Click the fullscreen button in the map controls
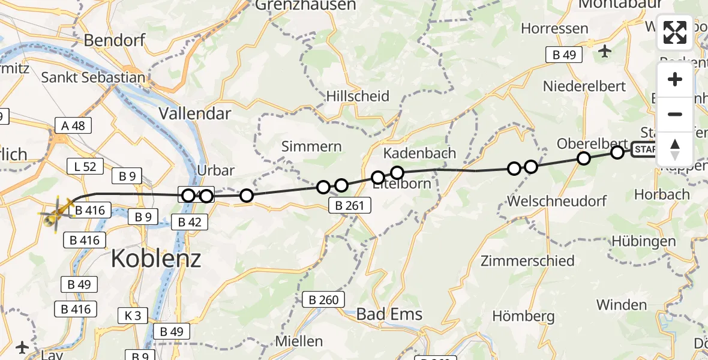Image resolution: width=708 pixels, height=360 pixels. (x=675, y=32)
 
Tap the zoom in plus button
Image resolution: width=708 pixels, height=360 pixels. (x=675, y=79)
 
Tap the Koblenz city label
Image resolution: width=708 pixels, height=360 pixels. (x=156, y=259)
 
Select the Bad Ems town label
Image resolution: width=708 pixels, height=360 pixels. (x=389, y=314)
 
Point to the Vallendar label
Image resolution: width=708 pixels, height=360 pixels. (x=195, y=113)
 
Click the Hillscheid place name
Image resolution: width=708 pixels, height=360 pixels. (x=358, y=96)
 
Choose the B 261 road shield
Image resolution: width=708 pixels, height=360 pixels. (x=350, y=206)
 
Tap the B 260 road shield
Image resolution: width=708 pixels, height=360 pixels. (x=324, y=300)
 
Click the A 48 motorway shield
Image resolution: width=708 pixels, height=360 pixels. (x=73, y=125)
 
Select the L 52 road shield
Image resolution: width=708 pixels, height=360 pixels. (x=85, y=166)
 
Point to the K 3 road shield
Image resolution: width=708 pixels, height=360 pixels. (x=133, y=315)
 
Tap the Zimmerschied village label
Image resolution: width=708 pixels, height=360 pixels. (x=527, y=261)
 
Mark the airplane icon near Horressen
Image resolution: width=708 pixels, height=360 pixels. (x=604, y=52)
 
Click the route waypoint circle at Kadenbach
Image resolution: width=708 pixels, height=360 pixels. (x=397, y=173)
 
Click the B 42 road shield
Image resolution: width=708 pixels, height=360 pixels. (x=189, y=222)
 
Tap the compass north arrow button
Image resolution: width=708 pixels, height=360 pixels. (x=675, y=149)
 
